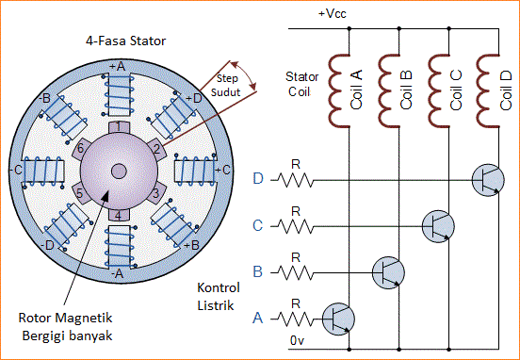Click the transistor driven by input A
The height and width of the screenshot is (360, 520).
pos(339,318)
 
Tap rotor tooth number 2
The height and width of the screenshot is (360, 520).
pos(154,148)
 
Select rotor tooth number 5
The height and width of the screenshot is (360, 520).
pos(80,193)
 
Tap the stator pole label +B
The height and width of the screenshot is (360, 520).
pos(194,245)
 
